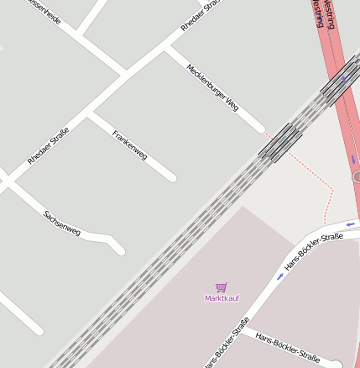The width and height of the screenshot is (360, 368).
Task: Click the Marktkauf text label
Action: [221, 298]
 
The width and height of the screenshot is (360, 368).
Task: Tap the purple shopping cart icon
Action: [221, 287]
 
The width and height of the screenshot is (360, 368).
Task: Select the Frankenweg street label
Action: [130, 145]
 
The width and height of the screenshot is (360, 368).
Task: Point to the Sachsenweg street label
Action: [62, 222]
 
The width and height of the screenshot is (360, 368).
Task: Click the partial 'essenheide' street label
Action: [44, 12]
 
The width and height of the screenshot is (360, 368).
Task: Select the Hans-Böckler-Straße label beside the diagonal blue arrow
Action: [314, 251]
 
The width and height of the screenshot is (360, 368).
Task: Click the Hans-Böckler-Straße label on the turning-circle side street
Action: [287, 347]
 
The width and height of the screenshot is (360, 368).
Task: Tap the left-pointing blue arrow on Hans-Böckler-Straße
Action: [350, 223]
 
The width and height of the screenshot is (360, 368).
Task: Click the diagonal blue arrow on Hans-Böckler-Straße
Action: [280, 276]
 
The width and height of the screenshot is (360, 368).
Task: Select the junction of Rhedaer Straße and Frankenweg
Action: [90, 113]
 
